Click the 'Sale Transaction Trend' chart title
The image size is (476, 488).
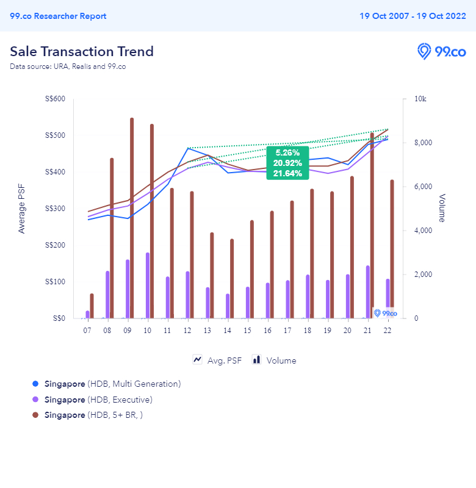pyautogui.click(x=82, y=51)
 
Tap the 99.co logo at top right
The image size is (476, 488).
pyautogui.click(x=441, y=51)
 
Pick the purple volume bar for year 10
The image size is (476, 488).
pyautogui.click(x=147, y=285)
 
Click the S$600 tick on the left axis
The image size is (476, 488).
pyautogui.click(x=56, y=99)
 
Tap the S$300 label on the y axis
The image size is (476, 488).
pyautogui.click(x=56, y=209)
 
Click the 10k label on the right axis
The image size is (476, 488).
pyautogui.click(x=420, y=99)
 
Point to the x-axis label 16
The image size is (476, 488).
pyautogui.click(x=267, y=330)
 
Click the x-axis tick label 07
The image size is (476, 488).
pyautogui.click(x=87, y=330)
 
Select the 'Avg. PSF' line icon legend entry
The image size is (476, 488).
pyautogui.click(x=217, y=361)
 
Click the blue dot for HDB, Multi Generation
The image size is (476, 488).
pyautogui.click(x=35, y=384)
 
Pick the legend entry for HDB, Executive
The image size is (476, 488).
pyautogui.click(x=98, y=400)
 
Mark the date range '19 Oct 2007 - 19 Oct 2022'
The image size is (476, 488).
pyautogui.click(x=413, y=16)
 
